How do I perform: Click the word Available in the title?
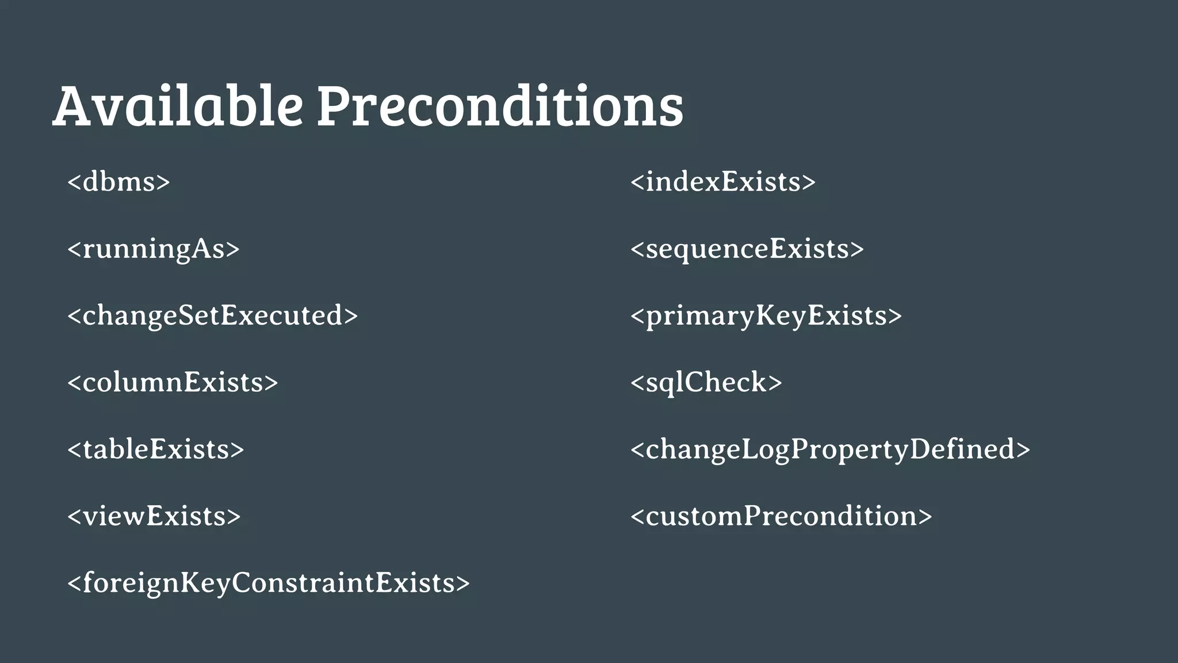(177, 106)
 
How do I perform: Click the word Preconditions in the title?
(499, 106)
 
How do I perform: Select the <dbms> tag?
(118, 182)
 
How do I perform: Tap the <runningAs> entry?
(153, 249)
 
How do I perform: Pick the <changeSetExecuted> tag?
(212, 316)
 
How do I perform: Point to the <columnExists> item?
(173, 383)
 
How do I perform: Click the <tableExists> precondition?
(155, 449)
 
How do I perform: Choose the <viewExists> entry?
(154, 516)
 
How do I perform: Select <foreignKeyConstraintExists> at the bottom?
(268, 583)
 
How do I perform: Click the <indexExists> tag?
(722, 182)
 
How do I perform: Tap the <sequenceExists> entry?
(747, 249)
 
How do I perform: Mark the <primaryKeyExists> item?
(766, 316)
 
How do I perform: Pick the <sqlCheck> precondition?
(706, 383)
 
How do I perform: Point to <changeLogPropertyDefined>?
(829, 449)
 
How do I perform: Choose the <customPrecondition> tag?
(781, 516)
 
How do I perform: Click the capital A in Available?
(74, 106)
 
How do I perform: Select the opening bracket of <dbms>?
(74, 182)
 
